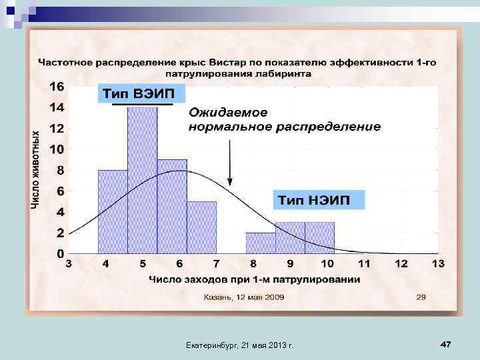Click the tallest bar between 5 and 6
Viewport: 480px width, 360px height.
(142, 180)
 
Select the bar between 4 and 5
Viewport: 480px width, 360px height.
(113, 211)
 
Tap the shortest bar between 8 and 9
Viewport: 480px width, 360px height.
(260, 243)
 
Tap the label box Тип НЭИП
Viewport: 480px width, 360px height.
(321, 200)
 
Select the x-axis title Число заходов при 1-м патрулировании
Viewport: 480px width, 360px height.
(254, 279)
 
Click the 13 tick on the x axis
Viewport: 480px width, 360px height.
(437, 264)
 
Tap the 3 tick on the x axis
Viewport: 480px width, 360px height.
(69, 264)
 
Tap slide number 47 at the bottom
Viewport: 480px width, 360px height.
(445, 344)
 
